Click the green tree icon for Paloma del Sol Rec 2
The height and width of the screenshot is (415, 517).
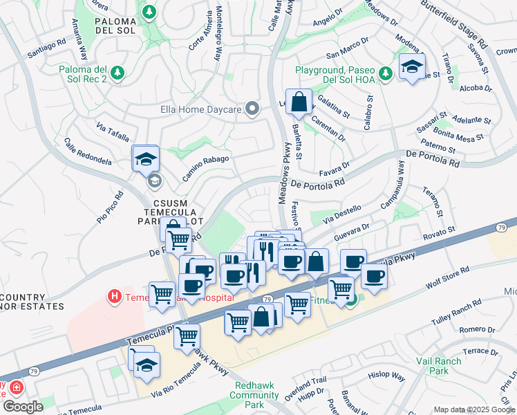(x=117, y=72)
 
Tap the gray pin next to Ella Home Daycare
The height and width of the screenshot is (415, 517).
(x=253, y=108)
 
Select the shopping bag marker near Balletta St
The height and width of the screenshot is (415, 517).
(x=299, y=103)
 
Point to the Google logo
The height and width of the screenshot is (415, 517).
(x=23, y=407)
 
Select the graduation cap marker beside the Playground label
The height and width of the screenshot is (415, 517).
(x=412, y=68)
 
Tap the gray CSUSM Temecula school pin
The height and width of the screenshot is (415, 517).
(x=154, y=181)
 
